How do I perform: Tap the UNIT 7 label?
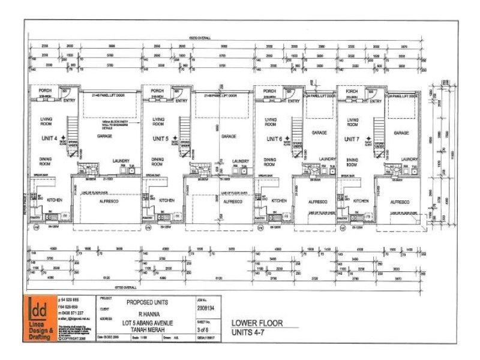point(353,139)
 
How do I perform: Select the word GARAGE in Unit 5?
point(228,136)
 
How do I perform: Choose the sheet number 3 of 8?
point(205,329)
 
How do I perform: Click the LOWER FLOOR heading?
point(256,323)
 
